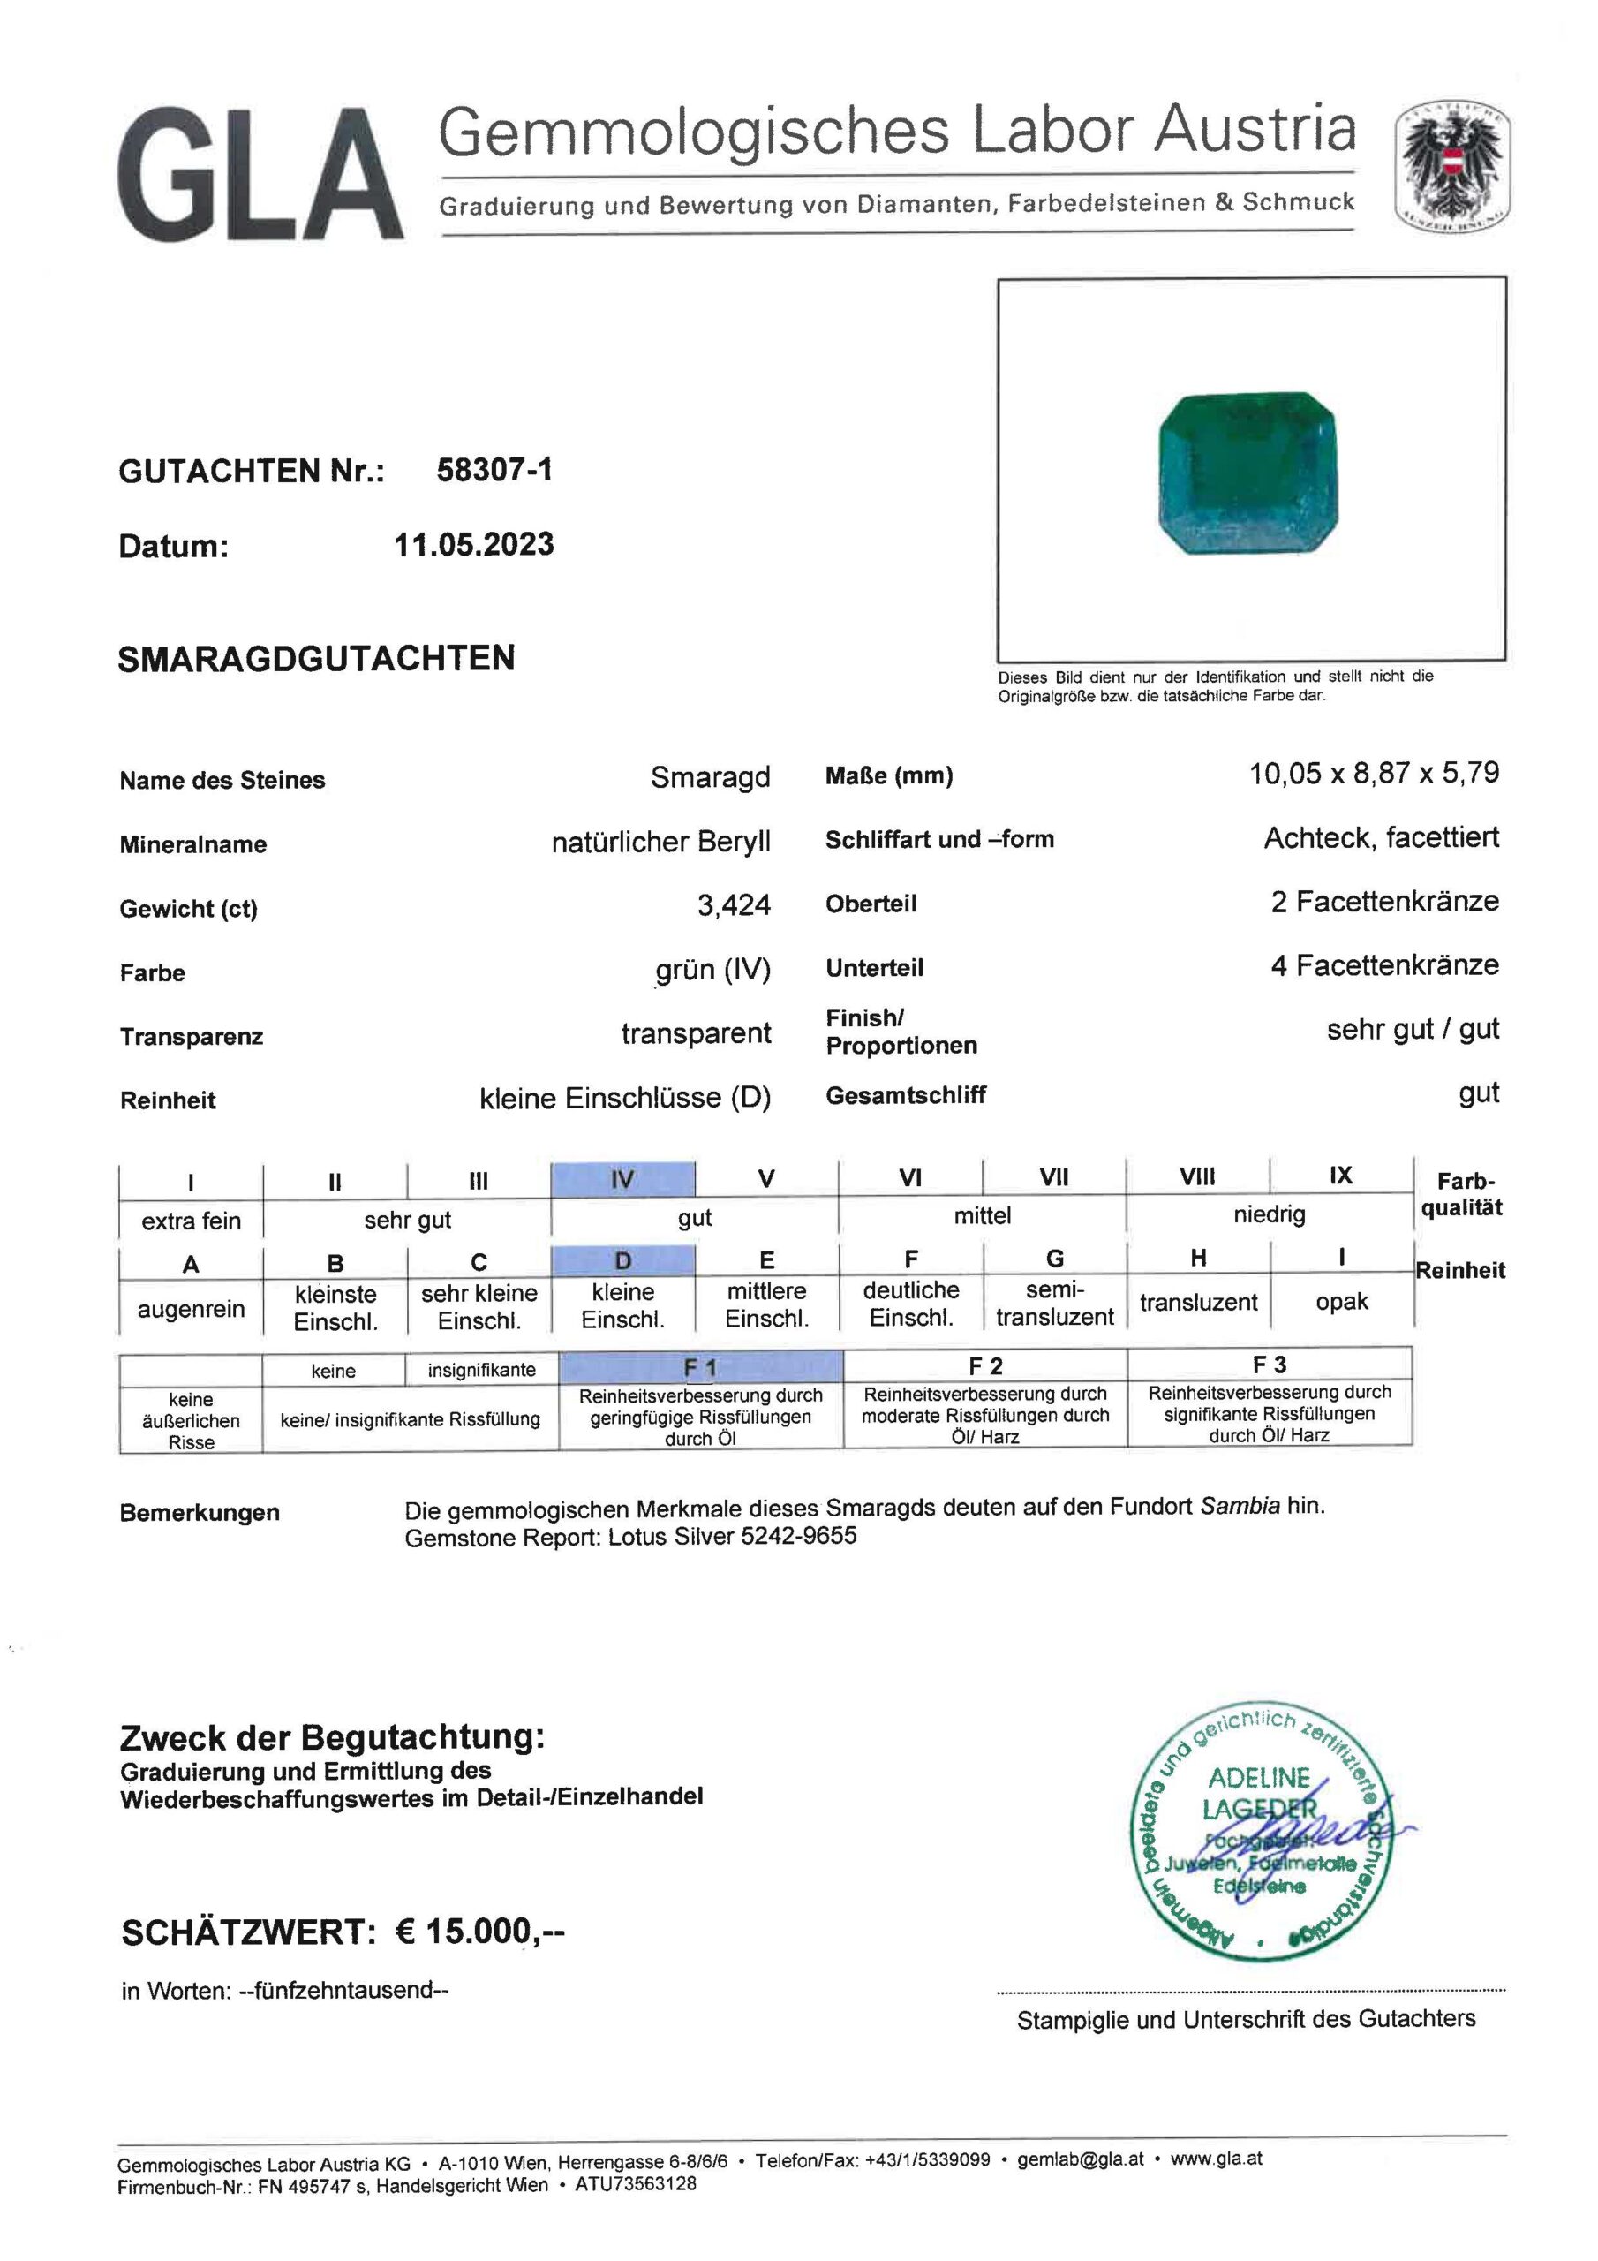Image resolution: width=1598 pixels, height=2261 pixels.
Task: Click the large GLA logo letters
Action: (x=261, y=175)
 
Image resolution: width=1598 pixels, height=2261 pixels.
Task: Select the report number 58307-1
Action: (x=494, y=470)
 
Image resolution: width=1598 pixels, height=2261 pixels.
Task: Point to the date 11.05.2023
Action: (x=473, y=545)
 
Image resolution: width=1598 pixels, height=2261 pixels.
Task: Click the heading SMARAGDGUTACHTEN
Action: (x=316, y=658)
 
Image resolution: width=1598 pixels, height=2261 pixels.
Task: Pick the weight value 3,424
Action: (x=734, y=905)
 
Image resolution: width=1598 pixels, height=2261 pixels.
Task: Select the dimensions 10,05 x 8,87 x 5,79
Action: (x=1374, y=773)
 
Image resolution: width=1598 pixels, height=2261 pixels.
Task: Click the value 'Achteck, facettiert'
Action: (x=1381, y=838)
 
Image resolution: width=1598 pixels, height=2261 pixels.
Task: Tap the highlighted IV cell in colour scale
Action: (x=622, y=1179)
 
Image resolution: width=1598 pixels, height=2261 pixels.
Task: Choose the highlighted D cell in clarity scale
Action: (x=622, y=1260)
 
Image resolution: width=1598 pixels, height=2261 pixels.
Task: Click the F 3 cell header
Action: (x=1270, y=1365)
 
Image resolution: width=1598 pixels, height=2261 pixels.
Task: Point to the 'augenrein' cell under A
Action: (x=191, y=1310)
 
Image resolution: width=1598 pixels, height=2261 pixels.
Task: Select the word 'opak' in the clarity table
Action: (x=1341, y=1302)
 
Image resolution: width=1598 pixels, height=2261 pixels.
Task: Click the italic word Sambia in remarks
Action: (x=1240, y=1506)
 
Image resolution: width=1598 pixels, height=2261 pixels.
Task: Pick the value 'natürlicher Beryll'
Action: (x=660, y=842)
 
